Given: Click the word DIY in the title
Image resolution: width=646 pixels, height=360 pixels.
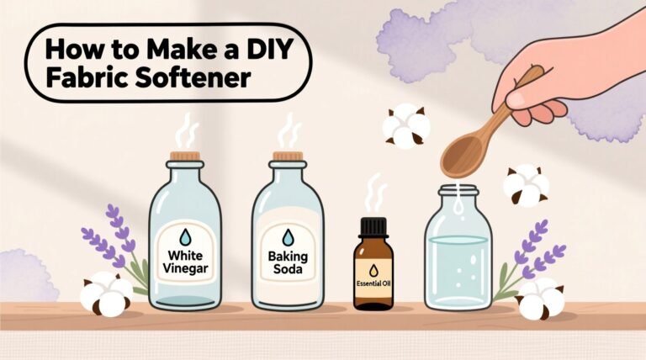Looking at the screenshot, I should (x=267, y=50).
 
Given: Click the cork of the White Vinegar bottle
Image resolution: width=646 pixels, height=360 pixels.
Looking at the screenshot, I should (x=184, y=156).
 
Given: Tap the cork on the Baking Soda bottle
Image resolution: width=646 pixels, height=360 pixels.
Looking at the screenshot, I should (x=288, y=156).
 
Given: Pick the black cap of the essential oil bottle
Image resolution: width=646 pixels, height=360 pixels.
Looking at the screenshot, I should (x=373, y=226).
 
